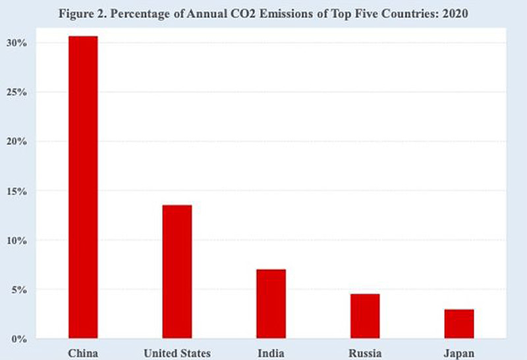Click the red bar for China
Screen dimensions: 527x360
click(83, 187)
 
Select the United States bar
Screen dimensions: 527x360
click(177, 272)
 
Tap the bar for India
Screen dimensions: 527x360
click(271, 303)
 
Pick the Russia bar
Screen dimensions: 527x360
click(365, 316)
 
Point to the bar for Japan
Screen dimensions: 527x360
click(459, 324)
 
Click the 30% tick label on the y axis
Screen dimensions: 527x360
click(16, 43)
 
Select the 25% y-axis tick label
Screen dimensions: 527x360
click(16, 92)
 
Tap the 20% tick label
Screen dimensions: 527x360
click(16, 141)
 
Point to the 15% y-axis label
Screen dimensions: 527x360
click(16, 191)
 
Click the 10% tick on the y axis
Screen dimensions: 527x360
click(16, 240)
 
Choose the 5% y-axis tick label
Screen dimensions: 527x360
click(19, 290)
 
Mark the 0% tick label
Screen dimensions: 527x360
click(19, 339)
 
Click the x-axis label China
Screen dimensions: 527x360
click(83, 353)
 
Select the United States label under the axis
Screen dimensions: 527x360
click(177, 353)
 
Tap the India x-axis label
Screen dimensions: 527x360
click(271, 353)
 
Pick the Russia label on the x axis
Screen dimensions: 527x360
click(365, 353)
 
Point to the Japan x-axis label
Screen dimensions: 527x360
click(459, 353)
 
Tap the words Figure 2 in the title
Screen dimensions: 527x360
click(83, 14)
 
